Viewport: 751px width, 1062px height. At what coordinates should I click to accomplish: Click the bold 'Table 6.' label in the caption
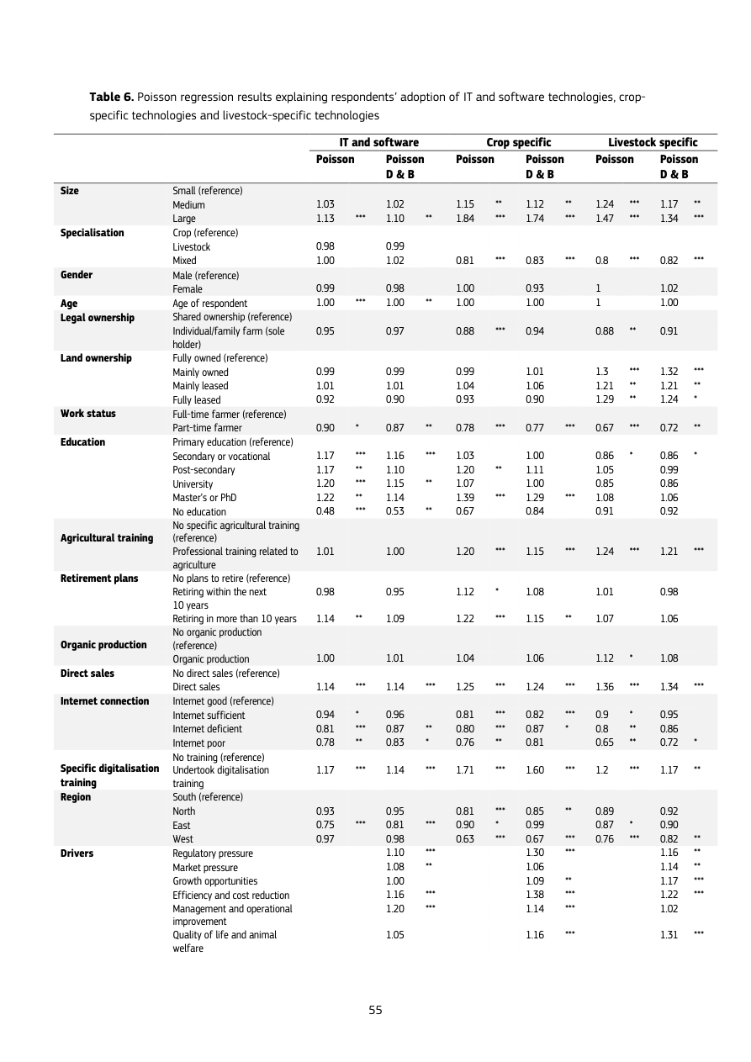[x=112, y=98]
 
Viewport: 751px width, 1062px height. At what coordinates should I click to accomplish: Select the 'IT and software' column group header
[x=378, y=143]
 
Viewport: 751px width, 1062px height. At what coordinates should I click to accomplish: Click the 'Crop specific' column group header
[x=518, y=143]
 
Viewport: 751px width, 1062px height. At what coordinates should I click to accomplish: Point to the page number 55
[x=375, y=1010]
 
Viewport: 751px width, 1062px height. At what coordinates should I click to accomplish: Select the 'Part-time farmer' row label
[x=207, y=428]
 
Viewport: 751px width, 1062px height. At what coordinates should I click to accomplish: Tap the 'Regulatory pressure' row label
[x=213, y=853]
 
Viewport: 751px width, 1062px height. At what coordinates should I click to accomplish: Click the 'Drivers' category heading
[x=77, y=853]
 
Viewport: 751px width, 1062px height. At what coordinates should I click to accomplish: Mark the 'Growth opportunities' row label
[x=215, y=881]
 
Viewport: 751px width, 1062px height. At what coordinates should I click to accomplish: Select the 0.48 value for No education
[x=325, y=511]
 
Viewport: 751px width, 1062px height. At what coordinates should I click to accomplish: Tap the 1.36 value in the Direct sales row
[x=605, y=687]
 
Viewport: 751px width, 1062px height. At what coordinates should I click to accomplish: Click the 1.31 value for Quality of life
[x=669, y=934]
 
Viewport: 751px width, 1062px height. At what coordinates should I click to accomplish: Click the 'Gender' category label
[x=77, y=275]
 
